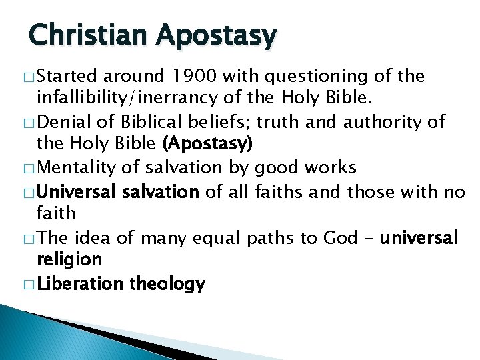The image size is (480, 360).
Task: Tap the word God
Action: [x=341, y=238]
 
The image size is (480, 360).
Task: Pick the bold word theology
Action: [x=167, y=285]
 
